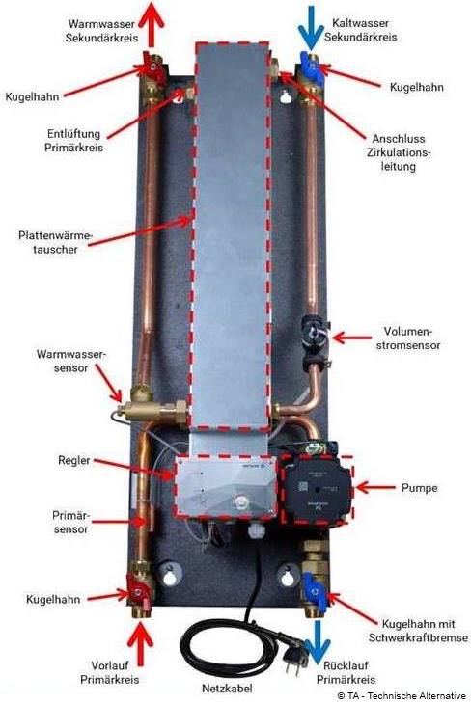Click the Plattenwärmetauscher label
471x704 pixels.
point(55,242)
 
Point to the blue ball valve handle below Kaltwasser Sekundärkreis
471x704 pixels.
point(312,67)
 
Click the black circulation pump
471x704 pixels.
point(317,489)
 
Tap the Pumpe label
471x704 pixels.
point(419,488)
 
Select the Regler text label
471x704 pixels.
point(73,460)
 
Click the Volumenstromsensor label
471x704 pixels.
point(408,338)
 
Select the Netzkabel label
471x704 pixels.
point(227,688)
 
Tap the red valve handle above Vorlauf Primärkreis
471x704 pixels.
point(137,592)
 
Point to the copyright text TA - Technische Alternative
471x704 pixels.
point(402,695)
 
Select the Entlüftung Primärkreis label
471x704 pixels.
point(73,140)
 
